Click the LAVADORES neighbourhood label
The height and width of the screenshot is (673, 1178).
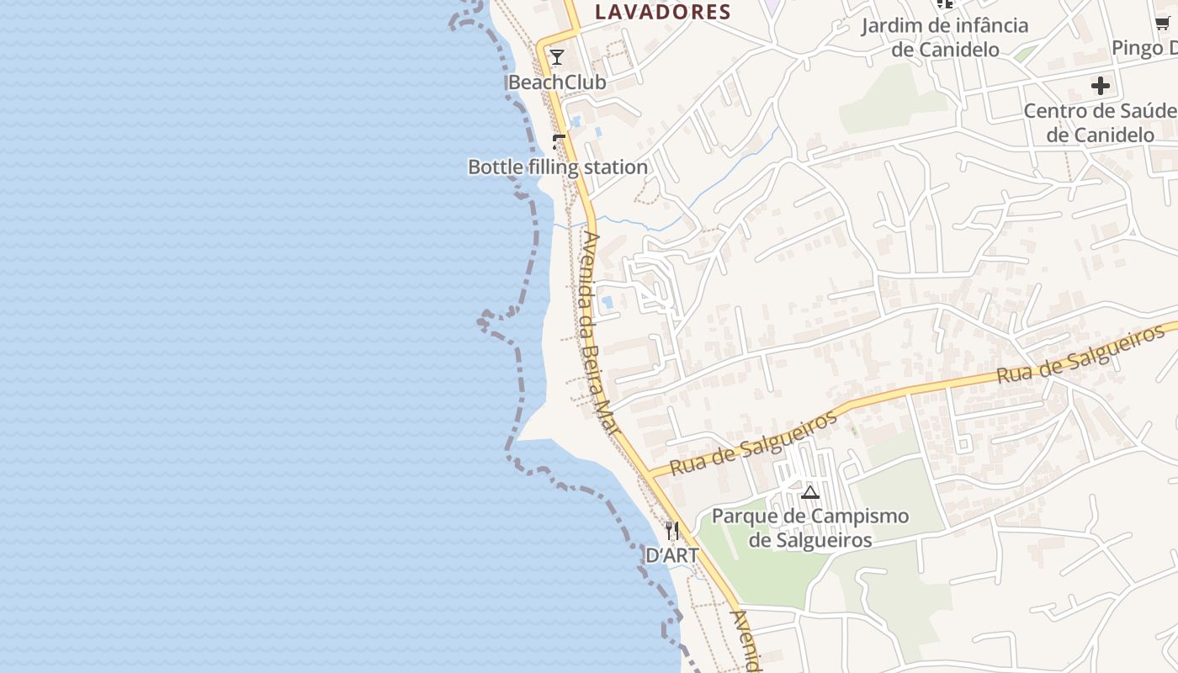(x=663, y=12)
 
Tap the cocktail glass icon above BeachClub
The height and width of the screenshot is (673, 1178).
(x=557, y=57)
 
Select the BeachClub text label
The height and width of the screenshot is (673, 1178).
(x=557, y=82)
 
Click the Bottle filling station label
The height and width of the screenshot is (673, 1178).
(x=558, y=167)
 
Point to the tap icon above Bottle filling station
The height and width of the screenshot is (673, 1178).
(x=559, y=141)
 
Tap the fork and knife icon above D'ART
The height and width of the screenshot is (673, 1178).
(x=671, y=531)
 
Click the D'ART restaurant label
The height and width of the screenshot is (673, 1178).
(x=671, y=555)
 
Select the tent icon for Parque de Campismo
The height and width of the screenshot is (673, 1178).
(x=810, y=492)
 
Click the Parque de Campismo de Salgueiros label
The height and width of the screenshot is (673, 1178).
(x=810, y=528)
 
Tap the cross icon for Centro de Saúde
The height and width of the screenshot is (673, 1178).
(x=1101, y=86)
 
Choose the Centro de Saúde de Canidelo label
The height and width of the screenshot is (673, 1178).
(x=1101, y=123)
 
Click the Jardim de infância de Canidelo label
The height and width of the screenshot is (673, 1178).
(x=944, y=37)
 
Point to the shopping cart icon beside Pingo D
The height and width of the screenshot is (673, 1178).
(x=1163, y=24)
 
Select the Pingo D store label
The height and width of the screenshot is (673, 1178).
(x=1144, y=48)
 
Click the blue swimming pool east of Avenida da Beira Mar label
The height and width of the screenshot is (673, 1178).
(x=608, y=302)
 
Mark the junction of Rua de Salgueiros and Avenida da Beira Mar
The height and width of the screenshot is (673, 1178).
(x=650, y=475)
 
